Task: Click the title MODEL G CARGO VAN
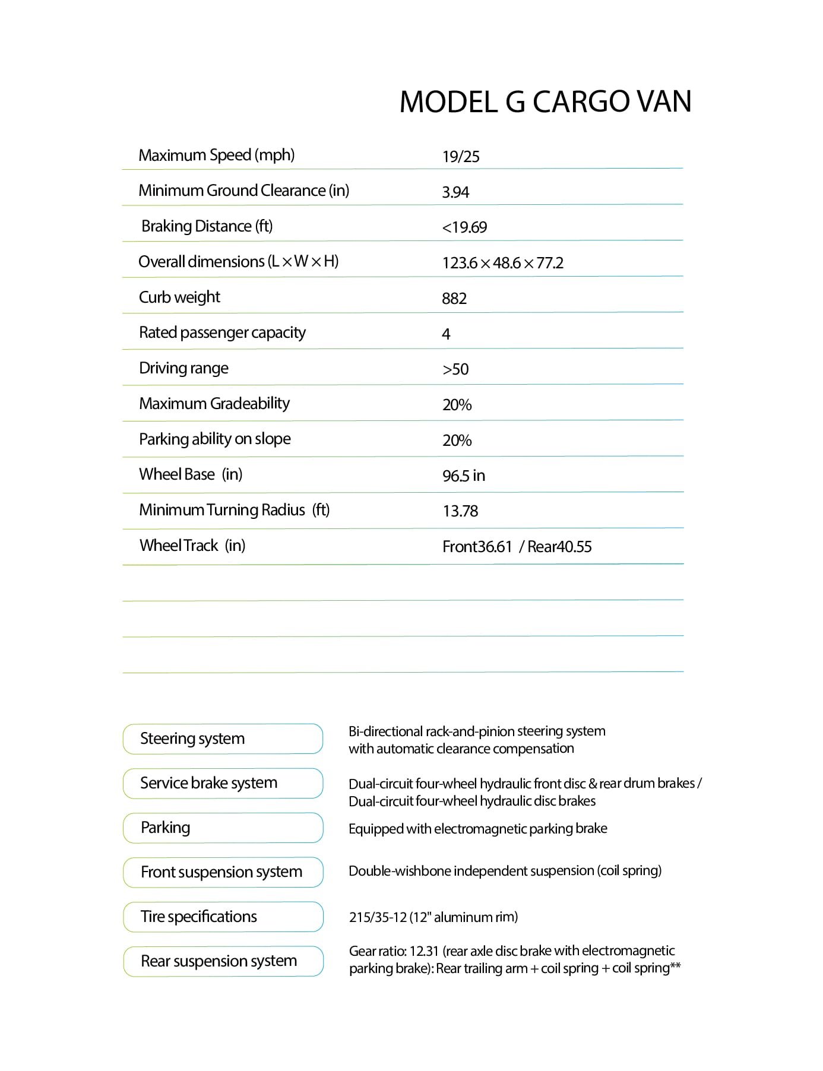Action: pyautogui.click(x=545, y=102)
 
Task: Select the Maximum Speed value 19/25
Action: pyautogui.click(x=461, y=157)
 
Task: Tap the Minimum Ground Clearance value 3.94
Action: pyautogui.click(x=455, y=192)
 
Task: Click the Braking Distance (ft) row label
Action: pyautogui.click(x=207, y=226)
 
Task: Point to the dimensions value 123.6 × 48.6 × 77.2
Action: pyautogui.click(x=502, y=263)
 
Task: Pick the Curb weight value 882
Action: pyautogui.click(x=454, y=299)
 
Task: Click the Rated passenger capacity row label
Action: pyautogui.click(x=222, y=332)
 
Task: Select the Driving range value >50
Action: pyautogui.click(x=455, y=369)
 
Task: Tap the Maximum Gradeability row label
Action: pyautogui.click(x=214, y=404)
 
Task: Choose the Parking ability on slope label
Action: pyautogui.click(x=215, y=439)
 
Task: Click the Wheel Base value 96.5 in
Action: pyautogui.click(x=464, y=476)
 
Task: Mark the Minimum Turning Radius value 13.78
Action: pyautogui.click(x=460, y=511)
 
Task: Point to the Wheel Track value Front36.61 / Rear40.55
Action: pyautogui.click(x=517, y=547)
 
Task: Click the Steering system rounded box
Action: pyautogui.click(x=223, y=739)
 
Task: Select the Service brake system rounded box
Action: pyautogui.click(x=223, y=783)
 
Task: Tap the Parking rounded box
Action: pyautogui.click(x=223, y=828)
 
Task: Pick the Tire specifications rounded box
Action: pyautogui.click(x=223, y=917)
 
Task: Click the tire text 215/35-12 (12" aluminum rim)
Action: pyautogui.click(x=433, y=917)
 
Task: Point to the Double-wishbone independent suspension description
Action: pyautogui.click(x=505, y=871)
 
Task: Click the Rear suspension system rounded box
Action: pyautogui.click(x=223, y=961)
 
